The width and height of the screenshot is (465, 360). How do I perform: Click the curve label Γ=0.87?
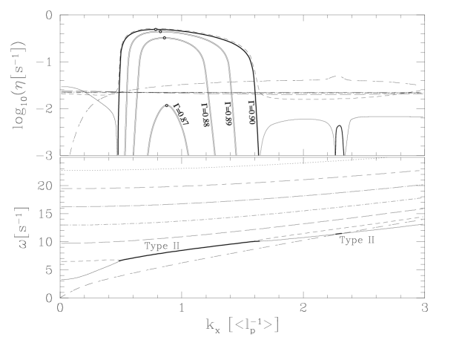(178, 118)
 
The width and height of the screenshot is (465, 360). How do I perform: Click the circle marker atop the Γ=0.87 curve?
(167, 105)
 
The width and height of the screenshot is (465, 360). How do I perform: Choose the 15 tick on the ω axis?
(47, 214)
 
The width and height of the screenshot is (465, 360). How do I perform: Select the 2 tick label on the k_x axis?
(303, 308)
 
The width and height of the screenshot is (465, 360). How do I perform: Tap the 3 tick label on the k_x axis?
(425, 308)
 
